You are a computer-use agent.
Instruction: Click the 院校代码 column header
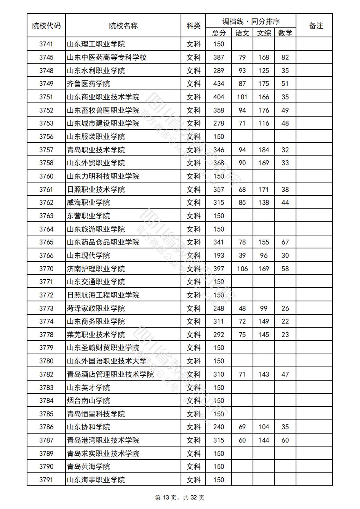(46, 26)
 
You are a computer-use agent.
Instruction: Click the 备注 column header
(316, 26)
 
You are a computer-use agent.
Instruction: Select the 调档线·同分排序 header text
(251, 21)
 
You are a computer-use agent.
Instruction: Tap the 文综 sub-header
(264, 33)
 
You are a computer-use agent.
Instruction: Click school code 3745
(46, 58)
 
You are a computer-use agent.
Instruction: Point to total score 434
(219, 84)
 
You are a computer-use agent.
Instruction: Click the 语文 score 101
(242, 97)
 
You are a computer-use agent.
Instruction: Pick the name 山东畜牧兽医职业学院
(103, 110)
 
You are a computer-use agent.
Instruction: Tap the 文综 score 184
(264, 150)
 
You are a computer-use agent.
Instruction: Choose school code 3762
(46, 203)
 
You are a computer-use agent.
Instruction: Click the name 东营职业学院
(88, 216)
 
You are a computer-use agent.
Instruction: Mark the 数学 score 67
(285, 242)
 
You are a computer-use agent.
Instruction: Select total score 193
(219, 256)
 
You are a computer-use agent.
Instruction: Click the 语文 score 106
(242, 269)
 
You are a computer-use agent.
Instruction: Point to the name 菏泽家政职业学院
(96, 309)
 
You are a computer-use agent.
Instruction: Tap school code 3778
(46, 335)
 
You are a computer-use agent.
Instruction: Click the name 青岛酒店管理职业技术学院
(110, 375)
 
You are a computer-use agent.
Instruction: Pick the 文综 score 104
(264, 427)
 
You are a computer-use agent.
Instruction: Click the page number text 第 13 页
(167, 498)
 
